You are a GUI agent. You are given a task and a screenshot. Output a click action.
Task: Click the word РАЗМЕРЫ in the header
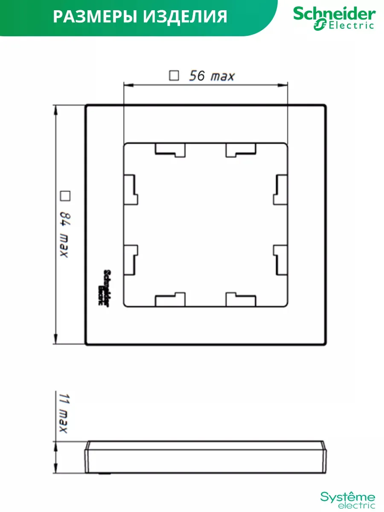point(95,17)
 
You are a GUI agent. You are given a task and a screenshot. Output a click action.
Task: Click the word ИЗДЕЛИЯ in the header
point(185,17)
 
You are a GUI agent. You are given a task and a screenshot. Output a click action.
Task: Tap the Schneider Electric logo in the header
point(335,18)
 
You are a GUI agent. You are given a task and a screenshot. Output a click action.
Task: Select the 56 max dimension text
point(212,76)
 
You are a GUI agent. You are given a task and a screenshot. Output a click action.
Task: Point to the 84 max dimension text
point(65,234)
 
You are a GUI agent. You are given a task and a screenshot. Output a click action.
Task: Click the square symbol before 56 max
point(174,76)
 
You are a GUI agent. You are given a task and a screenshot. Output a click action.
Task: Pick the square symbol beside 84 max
point(65,196)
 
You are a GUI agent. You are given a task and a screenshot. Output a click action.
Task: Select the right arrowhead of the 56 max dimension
point(282,85)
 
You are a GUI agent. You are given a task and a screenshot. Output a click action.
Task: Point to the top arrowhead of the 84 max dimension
point(55,110)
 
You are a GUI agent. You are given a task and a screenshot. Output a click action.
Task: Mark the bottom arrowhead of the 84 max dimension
point(55,339)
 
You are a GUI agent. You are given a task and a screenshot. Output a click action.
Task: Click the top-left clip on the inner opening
point(170,150)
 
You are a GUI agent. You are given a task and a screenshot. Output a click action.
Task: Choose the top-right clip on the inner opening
point(241,150)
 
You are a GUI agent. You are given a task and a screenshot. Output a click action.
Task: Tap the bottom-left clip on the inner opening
point(170,299)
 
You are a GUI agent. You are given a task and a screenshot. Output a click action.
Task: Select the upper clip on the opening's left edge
point(131,189)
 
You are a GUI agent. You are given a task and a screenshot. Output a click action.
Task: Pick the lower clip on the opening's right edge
point(280,260)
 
